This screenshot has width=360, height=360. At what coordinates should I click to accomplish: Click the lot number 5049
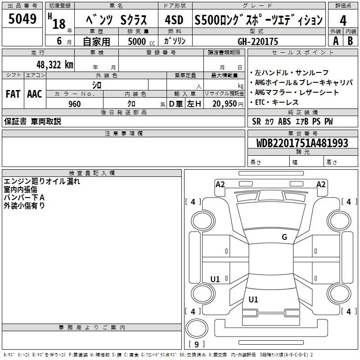coord(22,19)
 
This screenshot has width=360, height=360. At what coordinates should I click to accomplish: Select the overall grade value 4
coord(343,20)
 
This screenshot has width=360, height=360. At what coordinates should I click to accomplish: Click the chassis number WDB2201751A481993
coord(302,143)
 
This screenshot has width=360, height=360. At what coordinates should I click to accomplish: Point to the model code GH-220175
coord(258,41)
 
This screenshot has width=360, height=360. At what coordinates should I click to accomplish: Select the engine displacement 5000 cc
coord(137,41)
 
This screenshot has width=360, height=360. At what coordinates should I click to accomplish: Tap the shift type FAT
coord(13,94)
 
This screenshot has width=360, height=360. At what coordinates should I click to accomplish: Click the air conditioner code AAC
coord(35,94)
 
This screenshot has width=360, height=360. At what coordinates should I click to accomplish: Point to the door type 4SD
coord(174,20)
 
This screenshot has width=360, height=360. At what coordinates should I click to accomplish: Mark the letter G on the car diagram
coord(284,237)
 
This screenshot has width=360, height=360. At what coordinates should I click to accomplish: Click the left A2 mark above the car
coord(220,184)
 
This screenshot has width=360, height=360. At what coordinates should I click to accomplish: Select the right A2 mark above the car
coord(321,184)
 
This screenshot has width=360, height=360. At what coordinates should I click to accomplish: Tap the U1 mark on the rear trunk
coord(253,299)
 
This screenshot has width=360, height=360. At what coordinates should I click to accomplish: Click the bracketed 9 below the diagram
coord(196,345)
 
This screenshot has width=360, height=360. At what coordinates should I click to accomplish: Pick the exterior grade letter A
coord(335,41)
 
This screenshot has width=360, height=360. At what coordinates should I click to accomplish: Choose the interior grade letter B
coord(351,41)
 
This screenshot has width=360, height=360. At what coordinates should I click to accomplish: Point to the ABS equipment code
coord(284,121)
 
